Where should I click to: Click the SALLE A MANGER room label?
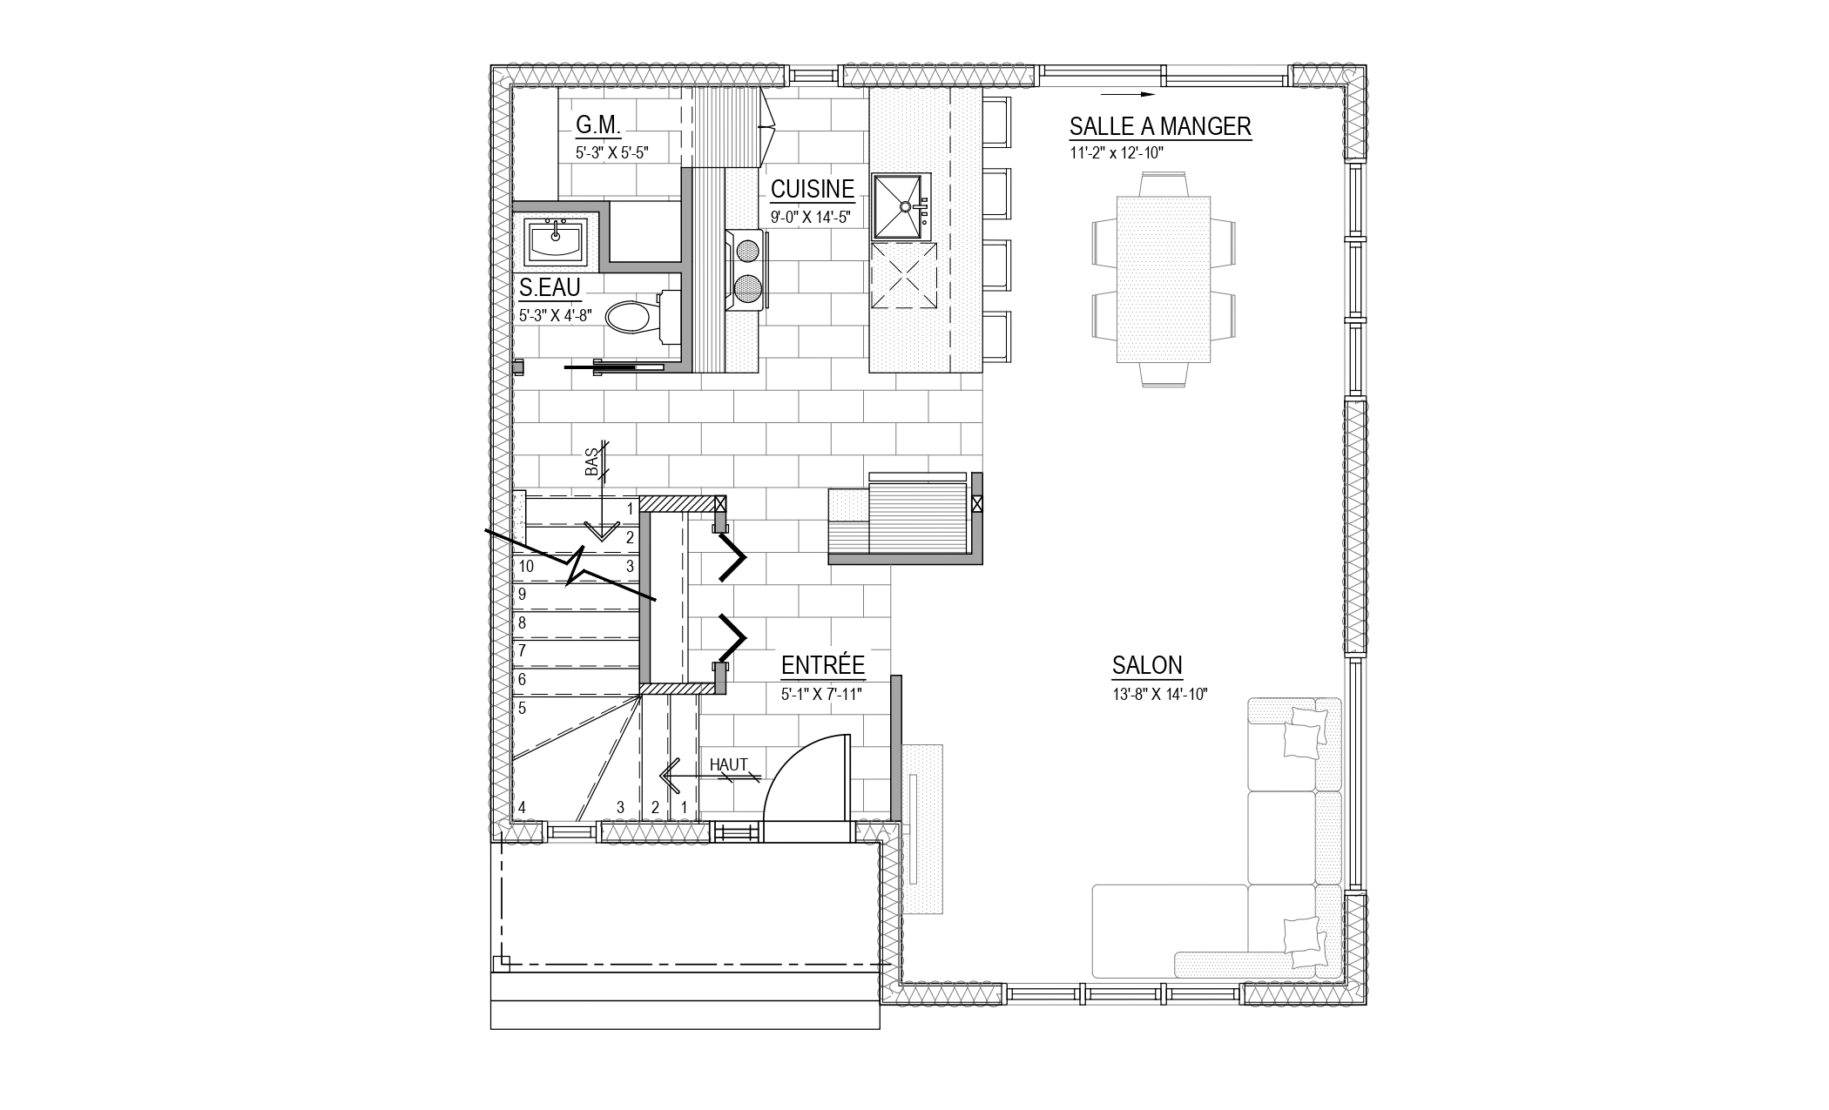pos(1160,126)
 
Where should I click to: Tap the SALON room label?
pos(1147,666)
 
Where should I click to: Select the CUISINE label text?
pos(812,189)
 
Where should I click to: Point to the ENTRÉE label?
pos(823,666)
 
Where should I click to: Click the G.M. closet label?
pos(598,126)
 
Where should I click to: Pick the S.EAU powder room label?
pos(550,287)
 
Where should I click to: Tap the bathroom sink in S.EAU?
pos(556,240)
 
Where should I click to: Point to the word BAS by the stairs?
pos(593,461)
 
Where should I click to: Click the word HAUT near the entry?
pos(729,764)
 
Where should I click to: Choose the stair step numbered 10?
pos(526,567)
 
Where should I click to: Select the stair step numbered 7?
pos(523,651)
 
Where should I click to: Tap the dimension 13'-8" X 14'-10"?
pos(1159,694)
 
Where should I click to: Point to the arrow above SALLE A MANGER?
pos(1127,93)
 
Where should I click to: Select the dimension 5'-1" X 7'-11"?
pos(821,695)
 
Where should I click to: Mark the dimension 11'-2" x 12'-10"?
pos(1117,152)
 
